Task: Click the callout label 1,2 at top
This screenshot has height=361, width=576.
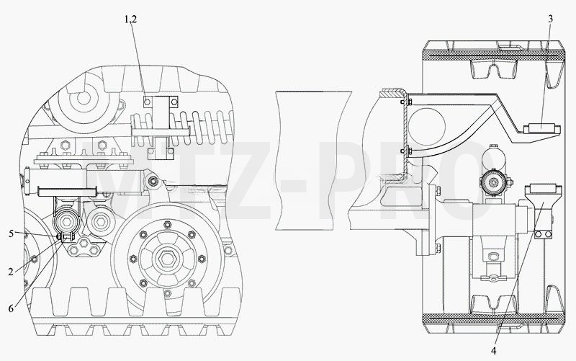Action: pyautogui.click(x=130, y=19)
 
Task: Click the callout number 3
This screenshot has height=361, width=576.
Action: pyautogui.click(x=550, y=19)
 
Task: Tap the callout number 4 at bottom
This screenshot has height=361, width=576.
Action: pyautogui.click(x=493, y=351)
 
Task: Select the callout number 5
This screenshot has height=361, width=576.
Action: pyautogui.click(x=12, y=233)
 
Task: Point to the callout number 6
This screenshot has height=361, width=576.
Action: pyautogui.click(x=11, y=308)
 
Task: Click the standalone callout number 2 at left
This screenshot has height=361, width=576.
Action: pyautogui.click(x=11, y=272)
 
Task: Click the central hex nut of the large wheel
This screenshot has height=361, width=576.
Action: pyautogui.click(x=168, y=259)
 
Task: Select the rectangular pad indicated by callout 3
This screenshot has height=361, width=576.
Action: pyautogui.click(x=541, y=128)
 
